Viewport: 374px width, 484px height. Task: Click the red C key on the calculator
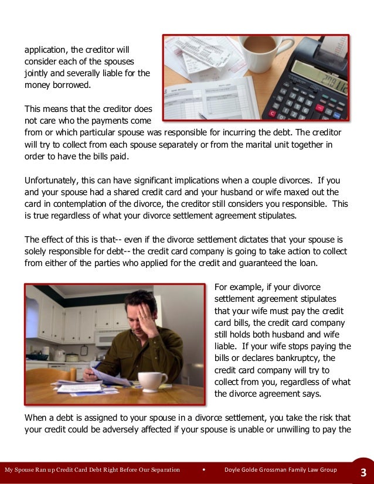tap(272, 113)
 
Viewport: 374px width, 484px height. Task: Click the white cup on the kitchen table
tap(152, 381)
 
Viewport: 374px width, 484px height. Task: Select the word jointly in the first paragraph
tap(37, 74)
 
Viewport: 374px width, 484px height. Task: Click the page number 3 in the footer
tap(363, 472)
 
